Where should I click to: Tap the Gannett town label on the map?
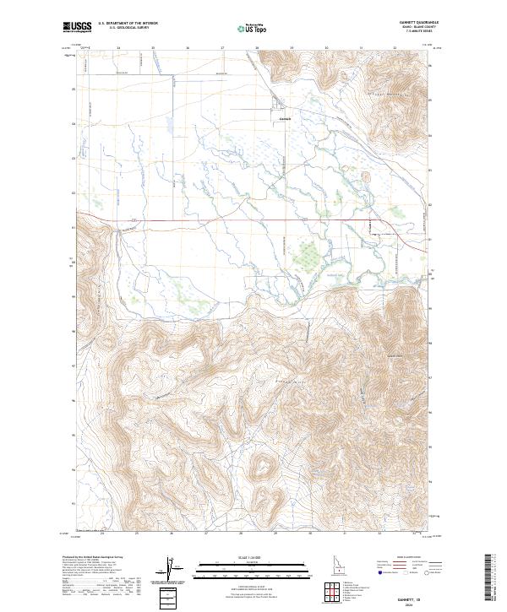285,117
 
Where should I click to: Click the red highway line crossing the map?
211,222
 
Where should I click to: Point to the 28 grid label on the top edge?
257,49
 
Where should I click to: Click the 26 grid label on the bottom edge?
171,533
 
